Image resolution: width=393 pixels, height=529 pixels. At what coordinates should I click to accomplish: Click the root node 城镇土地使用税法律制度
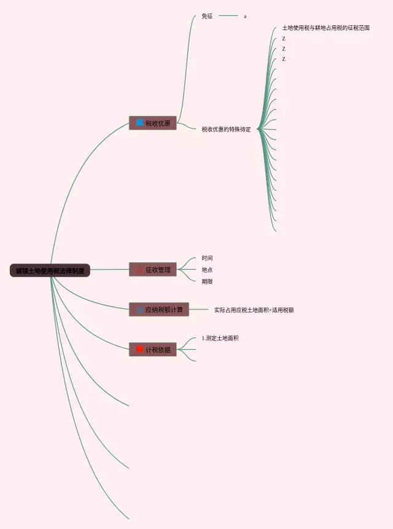pos(50,270)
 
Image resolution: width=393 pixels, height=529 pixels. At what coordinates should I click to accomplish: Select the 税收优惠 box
pos(153,123)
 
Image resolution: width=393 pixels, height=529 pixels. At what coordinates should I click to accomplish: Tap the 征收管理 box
pos(153,270)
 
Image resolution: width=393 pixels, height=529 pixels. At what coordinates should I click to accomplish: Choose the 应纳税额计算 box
pos(159,310)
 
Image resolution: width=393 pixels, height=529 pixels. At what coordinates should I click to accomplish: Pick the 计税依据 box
pos(153,350)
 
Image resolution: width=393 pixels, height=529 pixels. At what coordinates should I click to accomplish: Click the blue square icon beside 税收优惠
pos(139,123)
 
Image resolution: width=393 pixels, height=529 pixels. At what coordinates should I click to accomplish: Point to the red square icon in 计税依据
pos(139,350)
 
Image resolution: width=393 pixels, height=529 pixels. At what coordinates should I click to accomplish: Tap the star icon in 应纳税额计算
pos(139,310)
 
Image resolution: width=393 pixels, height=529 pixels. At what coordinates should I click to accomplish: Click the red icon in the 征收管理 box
pos(139,270)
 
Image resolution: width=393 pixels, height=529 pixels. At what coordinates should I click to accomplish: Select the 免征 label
pos(207,16)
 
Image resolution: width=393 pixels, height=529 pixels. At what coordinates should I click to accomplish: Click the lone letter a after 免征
pos(245,16)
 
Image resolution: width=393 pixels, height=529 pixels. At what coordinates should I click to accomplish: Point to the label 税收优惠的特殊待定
pos(226,129)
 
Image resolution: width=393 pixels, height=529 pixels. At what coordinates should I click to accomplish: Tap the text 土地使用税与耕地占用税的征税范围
pos(325,28)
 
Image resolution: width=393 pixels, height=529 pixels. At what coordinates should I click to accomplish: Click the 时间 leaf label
pos(207,258)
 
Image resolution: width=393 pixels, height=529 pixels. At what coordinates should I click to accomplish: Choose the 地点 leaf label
pos(207,270)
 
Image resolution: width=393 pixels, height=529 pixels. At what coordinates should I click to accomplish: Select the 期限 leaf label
pos(207,281)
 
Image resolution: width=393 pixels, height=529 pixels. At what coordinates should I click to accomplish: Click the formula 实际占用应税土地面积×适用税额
pos(254,310)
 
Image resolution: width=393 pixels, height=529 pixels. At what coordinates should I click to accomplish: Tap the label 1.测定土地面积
pos(220,338)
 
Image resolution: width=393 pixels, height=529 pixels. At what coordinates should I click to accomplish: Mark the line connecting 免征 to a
pos(228,16)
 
